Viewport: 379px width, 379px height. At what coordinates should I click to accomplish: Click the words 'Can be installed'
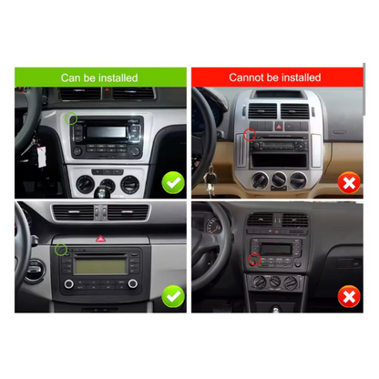point(99,77)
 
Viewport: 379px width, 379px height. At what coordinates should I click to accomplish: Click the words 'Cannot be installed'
point(274,77)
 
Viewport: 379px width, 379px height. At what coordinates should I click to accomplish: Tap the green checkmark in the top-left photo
point(172,182)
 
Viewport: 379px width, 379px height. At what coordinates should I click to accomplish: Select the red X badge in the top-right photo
point(347,183)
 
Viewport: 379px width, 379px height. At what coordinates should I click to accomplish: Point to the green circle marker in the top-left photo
point(71,117)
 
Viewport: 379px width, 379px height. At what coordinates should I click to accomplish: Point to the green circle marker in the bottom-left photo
point(60,249)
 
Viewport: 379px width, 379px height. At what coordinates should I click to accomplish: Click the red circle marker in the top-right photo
point(248,136)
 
